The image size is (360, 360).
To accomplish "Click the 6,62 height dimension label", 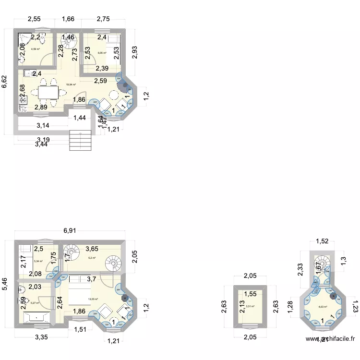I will pos(4,82).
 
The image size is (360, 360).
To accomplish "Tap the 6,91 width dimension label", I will pos(71,231).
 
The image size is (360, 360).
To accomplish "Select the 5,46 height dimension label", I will pos(4,284).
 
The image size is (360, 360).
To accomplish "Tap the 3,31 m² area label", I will pos(250,306).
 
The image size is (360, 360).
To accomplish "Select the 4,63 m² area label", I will pos(323,307).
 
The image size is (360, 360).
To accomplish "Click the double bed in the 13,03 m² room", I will pos(79,290).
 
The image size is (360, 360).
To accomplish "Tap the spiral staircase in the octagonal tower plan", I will pos(322,263).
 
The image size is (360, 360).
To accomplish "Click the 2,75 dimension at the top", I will pos(103,20).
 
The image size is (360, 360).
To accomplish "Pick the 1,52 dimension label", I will pos(322,241).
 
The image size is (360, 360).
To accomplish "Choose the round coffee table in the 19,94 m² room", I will pos(115,95).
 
